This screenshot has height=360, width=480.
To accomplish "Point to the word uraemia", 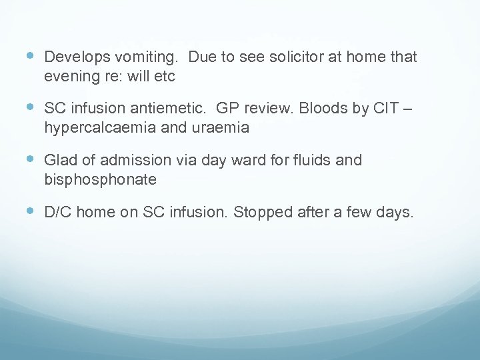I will (222, 128).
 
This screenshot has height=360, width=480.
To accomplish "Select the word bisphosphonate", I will (101, 179).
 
